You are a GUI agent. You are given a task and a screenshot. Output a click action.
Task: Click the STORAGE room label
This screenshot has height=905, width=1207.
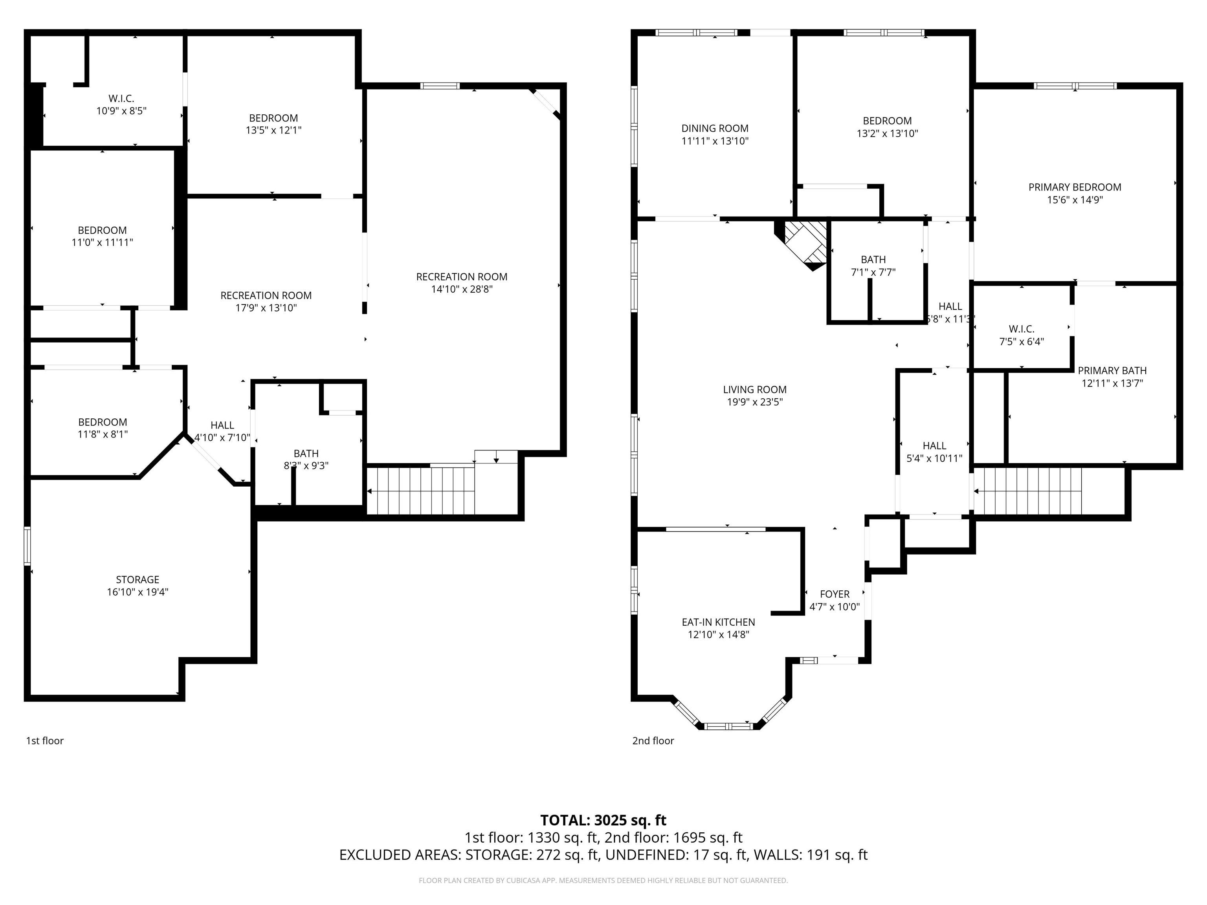point(138,579)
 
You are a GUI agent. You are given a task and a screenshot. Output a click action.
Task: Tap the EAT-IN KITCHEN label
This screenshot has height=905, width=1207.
point(718,622)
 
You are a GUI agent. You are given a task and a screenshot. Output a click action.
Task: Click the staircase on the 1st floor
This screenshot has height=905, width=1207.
point(420,491)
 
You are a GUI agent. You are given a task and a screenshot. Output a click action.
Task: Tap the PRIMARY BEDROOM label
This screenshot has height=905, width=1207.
point(1075,187)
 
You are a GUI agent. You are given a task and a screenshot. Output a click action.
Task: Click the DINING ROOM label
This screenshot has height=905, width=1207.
point(714,128)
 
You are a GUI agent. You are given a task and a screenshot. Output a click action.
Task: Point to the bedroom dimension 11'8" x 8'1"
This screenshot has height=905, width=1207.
point(103,434)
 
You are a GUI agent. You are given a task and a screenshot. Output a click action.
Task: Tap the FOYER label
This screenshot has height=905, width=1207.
point(834,594)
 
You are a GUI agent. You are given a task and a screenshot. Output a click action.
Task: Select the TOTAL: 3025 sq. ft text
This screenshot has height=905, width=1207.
point(603,820)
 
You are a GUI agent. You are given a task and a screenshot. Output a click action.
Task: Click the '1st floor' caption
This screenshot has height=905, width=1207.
point(45,740)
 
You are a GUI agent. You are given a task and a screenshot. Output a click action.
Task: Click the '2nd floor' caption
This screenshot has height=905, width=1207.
point(653,740)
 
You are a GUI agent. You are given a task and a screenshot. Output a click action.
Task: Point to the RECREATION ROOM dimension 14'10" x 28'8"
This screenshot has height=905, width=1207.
point(462,289)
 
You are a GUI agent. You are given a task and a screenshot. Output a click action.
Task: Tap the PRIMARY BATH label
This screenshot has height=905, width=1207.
point(1112,370)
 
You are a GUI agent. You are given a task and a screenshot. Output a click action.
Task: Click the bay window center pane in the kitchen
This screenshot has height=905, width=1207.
point(728,726)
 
